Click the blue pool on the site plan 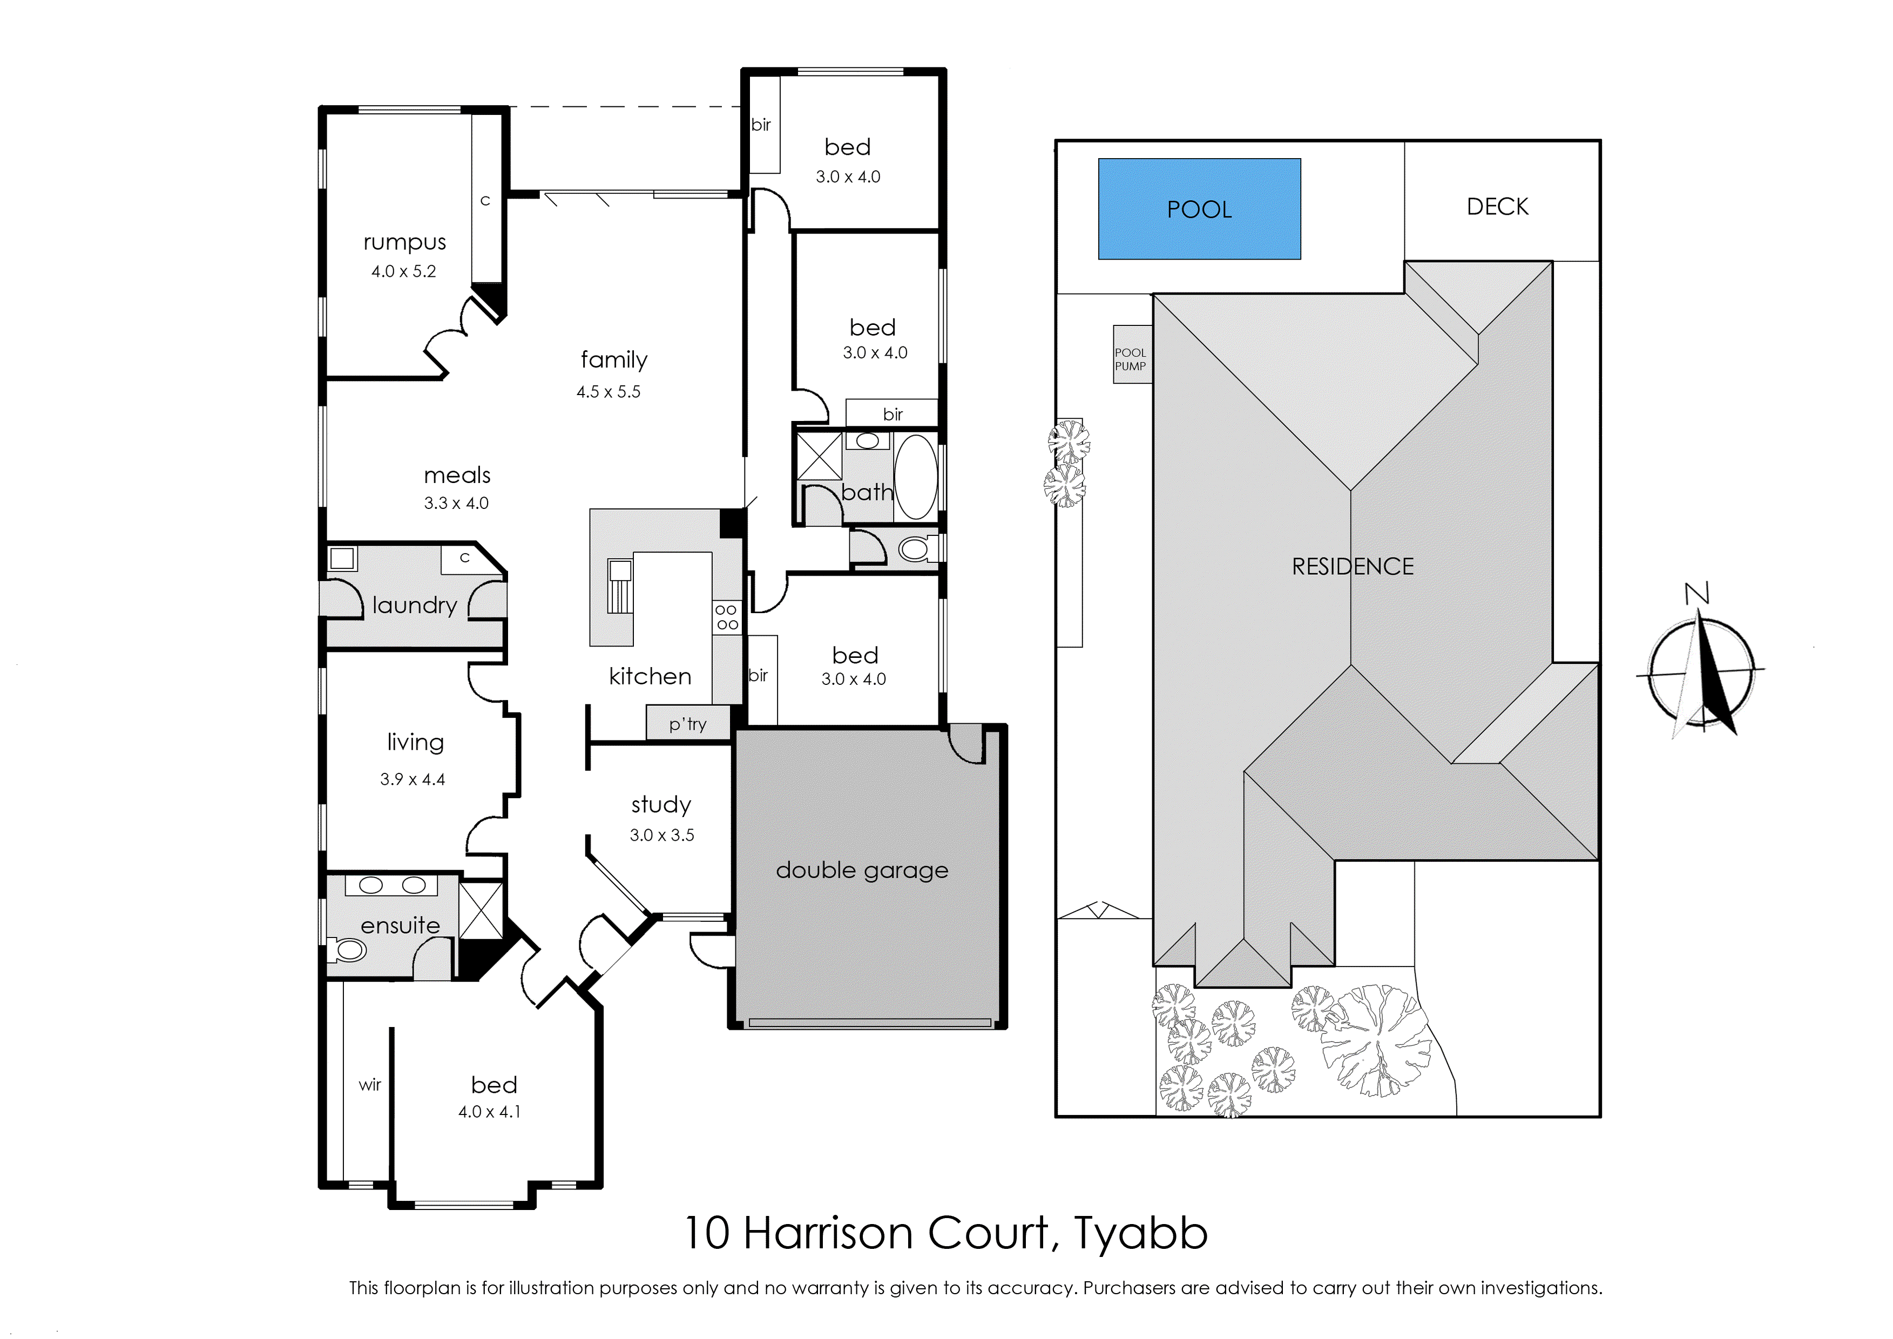(1199, 209)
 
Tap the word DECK (1497, 206)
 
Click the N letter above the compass (1696, 593)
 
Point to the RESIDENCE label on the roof (1353, 567)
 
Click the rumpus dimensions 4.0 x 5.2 (403, 271)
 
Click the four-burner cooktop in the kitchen (727, 617)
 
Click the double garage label (862, 871)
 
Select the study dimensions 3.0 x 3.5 (661, 835)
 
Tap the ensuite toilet (347, 950)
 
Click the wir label (369, 1085)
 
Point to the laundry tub (341, 558)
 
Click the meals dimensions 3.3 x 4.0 (456, 503)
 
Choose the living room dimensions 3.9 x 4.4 (413, 779)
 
